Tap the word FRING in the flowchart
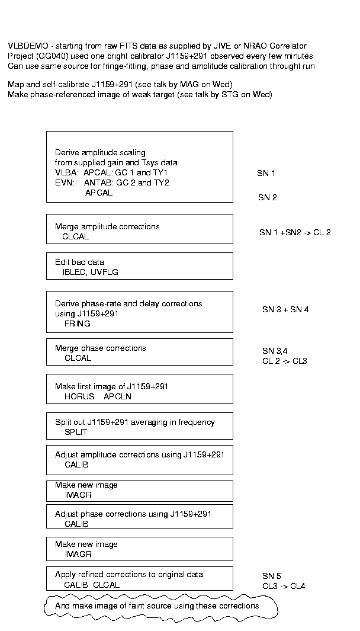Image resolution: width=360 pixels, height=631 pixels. pyautogui.click(x=77, y=323)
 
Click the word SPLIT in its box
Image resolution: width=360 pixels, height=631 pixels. pyautogui.click(x=76, y=432)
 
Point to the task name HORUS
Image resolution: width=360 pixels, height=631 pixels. pyautogui.click(x=79, y=397)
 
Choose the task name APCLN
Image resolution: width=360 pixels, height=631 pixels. pyautogui.click(x=117, y=397)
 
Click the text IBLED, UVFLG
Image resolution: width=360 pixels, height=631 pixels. pyautogui.click(x=91, y=273)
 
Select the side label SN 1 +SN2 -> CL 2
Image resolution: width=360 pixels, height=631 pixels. pyautogui.click(x=295, y=233)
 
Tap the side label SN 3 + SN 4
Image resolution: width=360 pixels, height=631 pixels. pyautogui.click(x=285, y=309)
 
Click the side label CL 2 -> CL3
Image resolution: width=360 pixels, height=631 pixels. pyautogui.click(x=285, y=361)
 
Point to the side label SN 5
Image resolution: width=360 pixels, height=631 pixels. pyautogui.click(x=272, y=576)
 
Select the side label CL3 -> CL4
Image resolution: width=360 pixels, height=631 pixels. pyautogui.click(x=284, y=587)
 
